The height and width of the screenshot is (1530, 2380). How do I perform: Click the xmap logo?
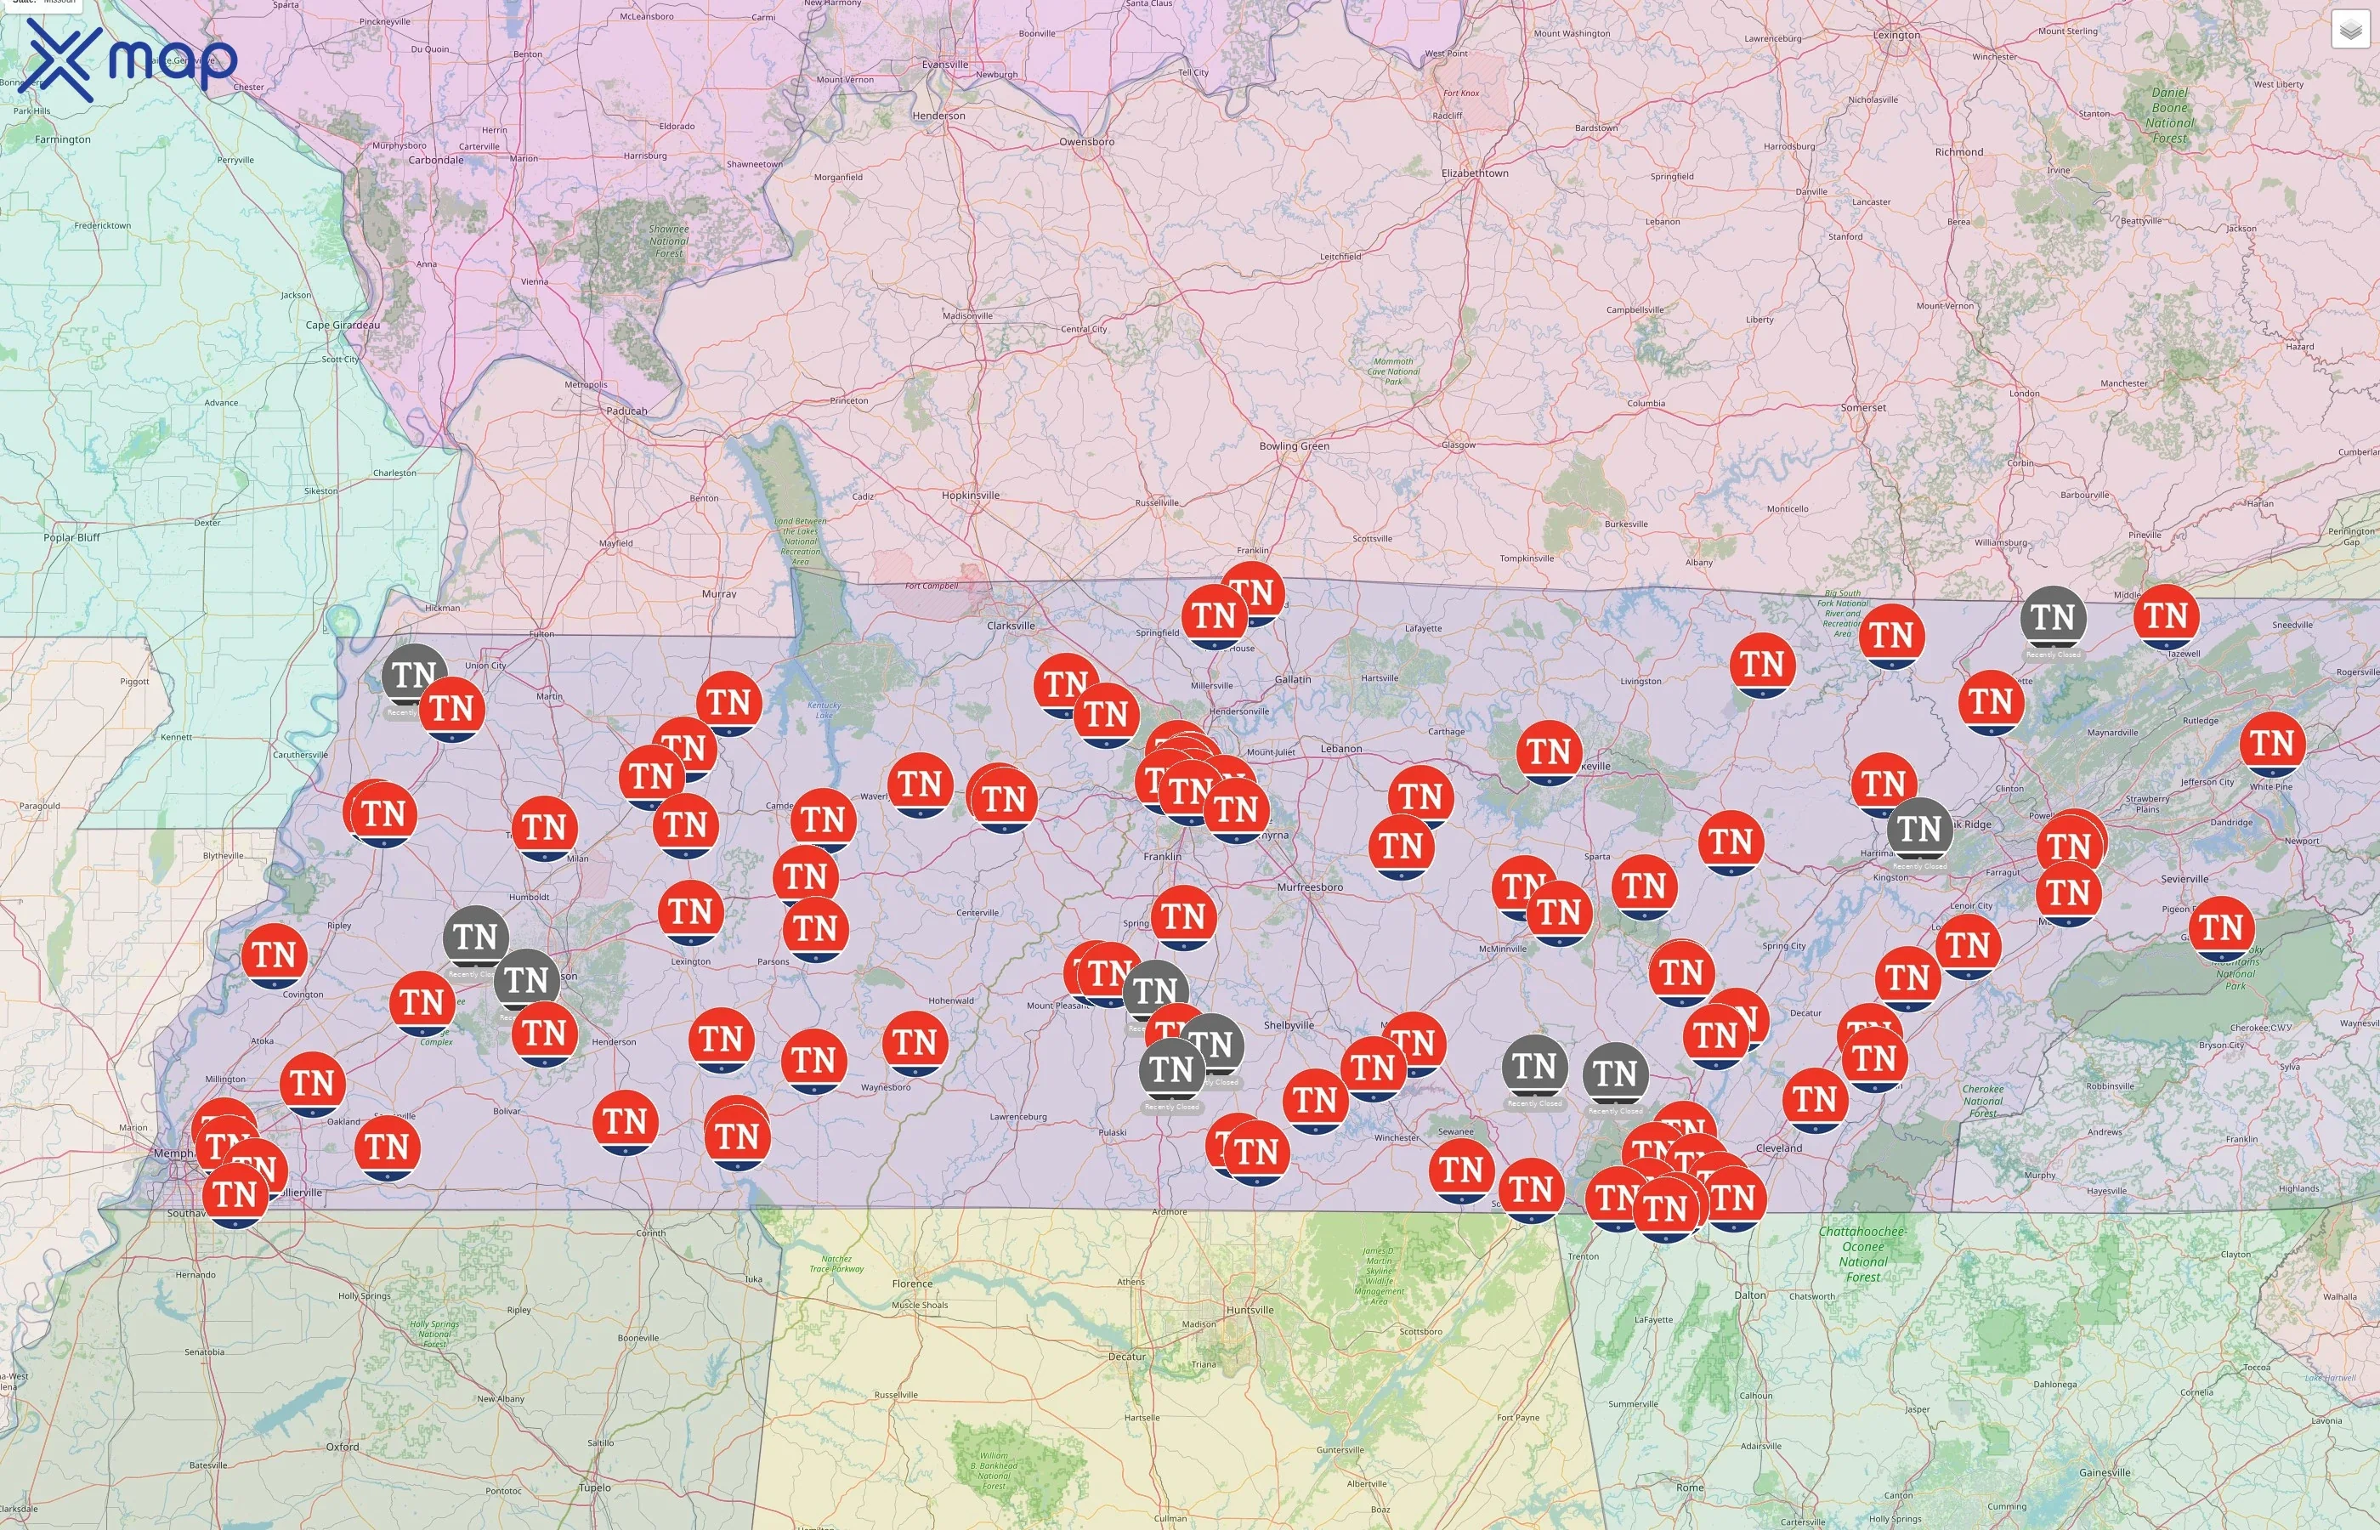click(x=127, y=59)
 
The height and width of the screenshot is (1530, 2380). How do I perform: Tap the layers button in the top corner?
click(x=2349, y=30)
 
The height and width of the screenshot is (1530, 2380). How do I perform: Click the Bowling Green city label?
click(x=1294, y=446)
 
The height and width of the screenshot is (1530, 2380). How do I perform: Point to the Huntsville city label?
click(x=1249, y=1310)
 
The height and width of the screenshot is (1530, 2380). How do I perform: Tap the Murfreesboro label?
click(x=1309, y=887)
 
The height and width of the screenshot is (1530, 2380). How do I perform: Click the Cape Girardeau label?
click(x=342, y=325)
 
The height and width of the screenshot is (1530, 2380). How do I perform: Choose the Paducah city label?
click(x=626, y=411)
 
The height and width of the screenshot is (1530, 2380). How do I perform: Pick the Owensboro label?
click(x=1085, y=142)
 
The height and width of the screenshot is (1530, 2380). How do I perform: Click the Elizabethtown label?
click(x=1474, y=173)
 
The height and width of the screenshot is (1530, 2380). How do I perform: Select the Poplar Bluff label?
click(x=71, y=537)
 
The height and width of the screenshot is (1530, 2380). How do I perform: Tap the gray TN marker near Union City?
click(x=413, y=676)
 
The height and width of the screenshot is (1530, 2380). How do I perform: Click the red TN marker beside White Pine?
click(x=2272, y=743)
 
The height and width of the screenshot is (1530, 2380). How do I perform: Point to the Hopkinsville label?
click(x=971, y=495)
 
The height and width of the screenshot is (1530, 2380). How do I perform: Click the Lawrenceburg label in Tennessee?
click(x=1018, y=1117)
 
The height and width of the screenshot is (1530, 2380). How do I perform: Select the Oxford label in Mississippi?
click(x=343, y=1447)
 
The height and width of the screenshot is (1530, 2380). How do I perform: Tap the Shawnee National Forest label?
click(x=668, y=241)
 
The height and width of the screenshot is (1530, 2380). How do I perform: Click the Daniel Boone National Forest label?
click(x=2169, y=116)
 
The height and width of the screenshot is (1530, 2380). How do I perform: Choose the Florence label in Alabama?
click(x=912, y=1283)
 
